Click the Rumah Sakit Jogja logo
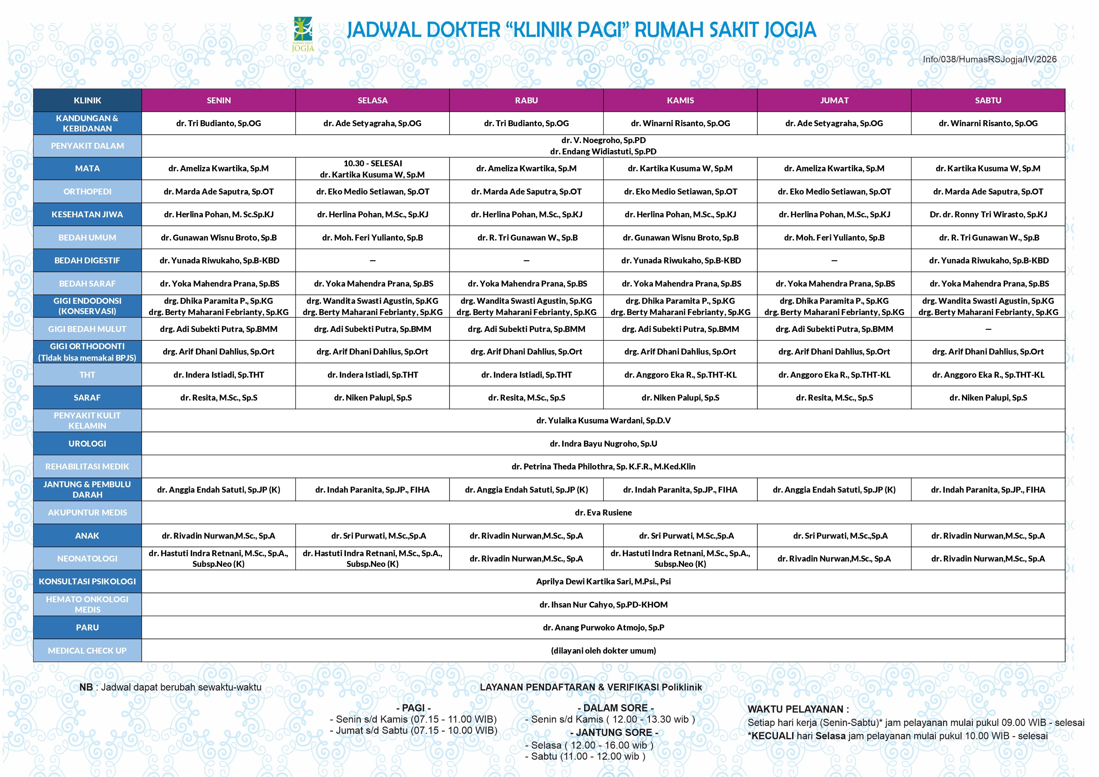[x=303, y=34]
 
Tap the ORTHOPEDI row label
[x=87, y=191]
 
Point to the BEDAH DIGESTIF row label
[x=87, y=261]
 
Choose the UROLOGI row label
[x=87, y=443]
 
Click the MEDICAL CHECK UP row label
[x=87, y=650]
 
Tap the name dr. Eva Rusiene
[x=603, y=512]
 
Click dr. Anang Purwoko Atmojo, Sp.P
[x=603, y=627]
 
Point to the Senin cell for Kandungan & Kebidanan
[x=219, y=123]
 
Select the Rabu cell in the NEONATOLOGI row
[x=526, y=558]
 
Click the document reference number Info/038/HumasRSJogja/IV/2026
[x=989, y=60]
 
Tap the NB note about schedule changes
[x=170, y=687]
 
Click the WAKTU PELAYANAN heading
[x=798, y=709]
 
